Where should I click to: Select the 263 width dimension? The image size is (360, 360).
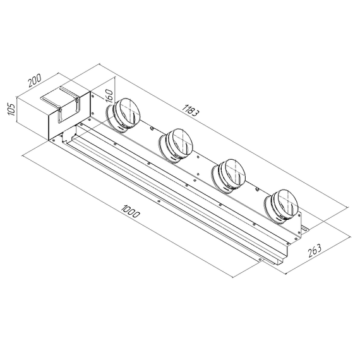coord(316,248)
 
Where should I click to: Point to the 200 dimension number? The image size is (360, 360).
coord(35,81)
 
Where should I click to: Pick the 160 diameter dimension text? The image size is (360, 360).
coord(108,96)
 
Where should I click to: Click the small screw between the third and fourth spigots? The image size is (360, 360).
coord(258,188)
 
